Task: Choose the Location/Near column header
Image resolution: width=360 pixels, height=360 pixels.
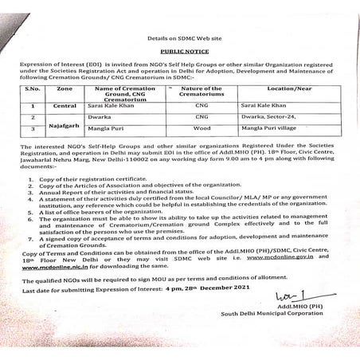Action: (279, 92)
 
